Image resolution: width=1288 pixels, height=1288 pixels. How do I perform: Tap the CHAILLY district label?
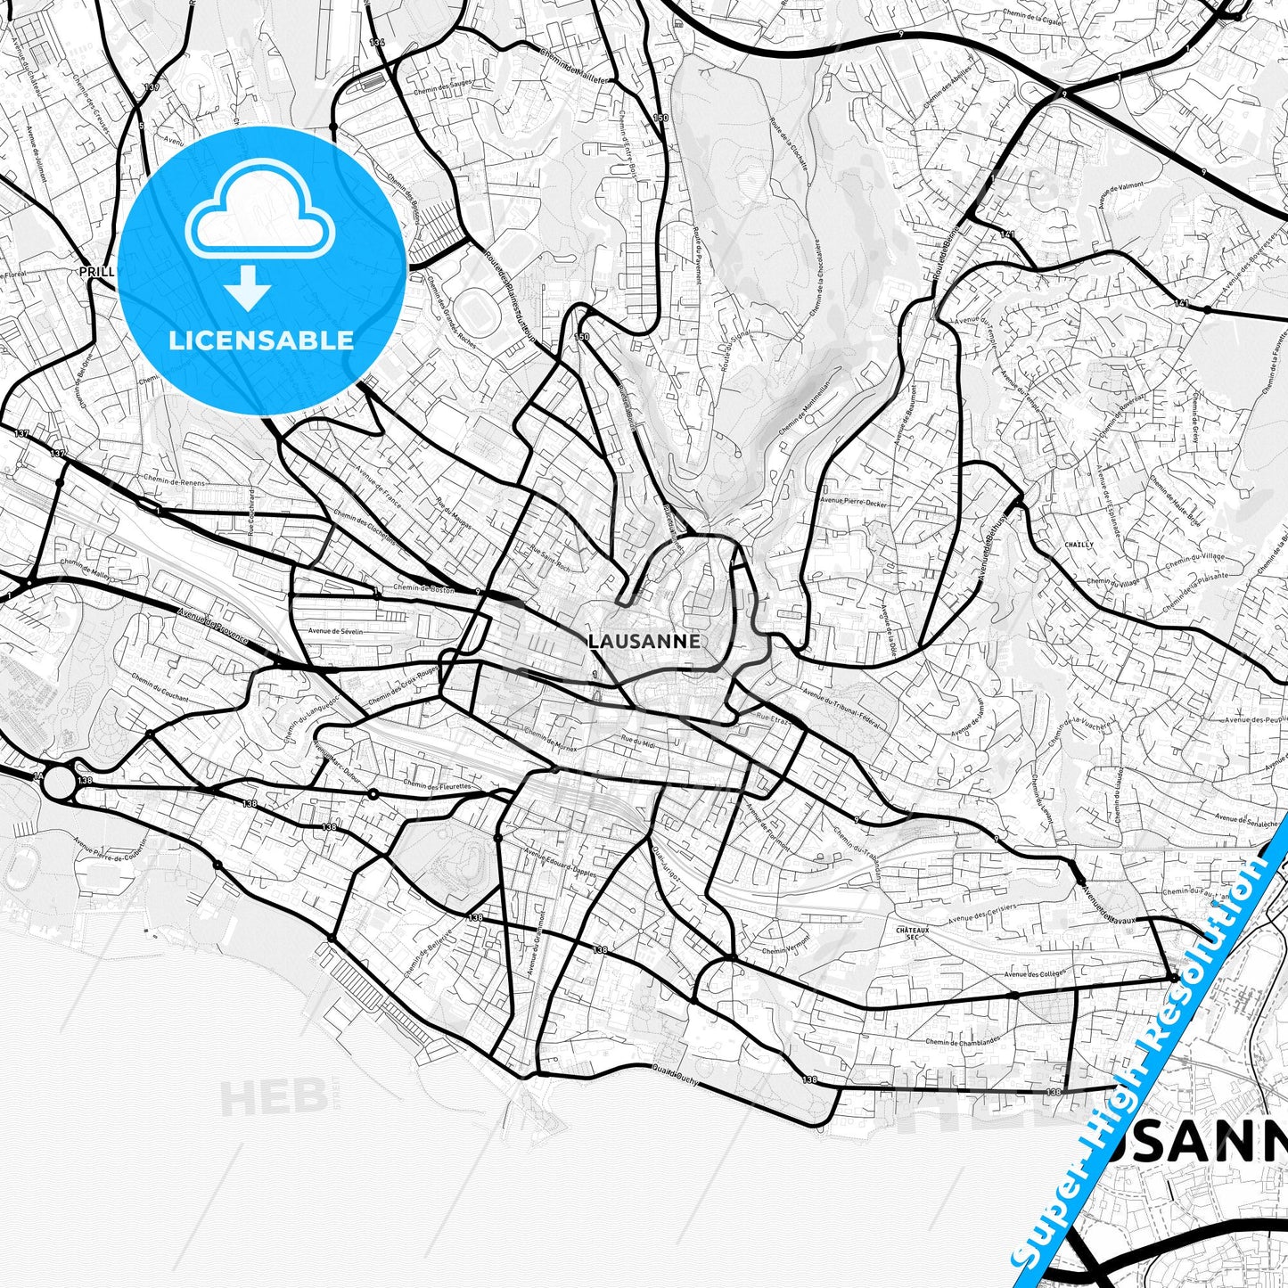[1078, 544]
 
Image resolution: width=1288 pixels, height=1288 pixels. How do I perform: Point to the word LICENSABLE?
[261, 340]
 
